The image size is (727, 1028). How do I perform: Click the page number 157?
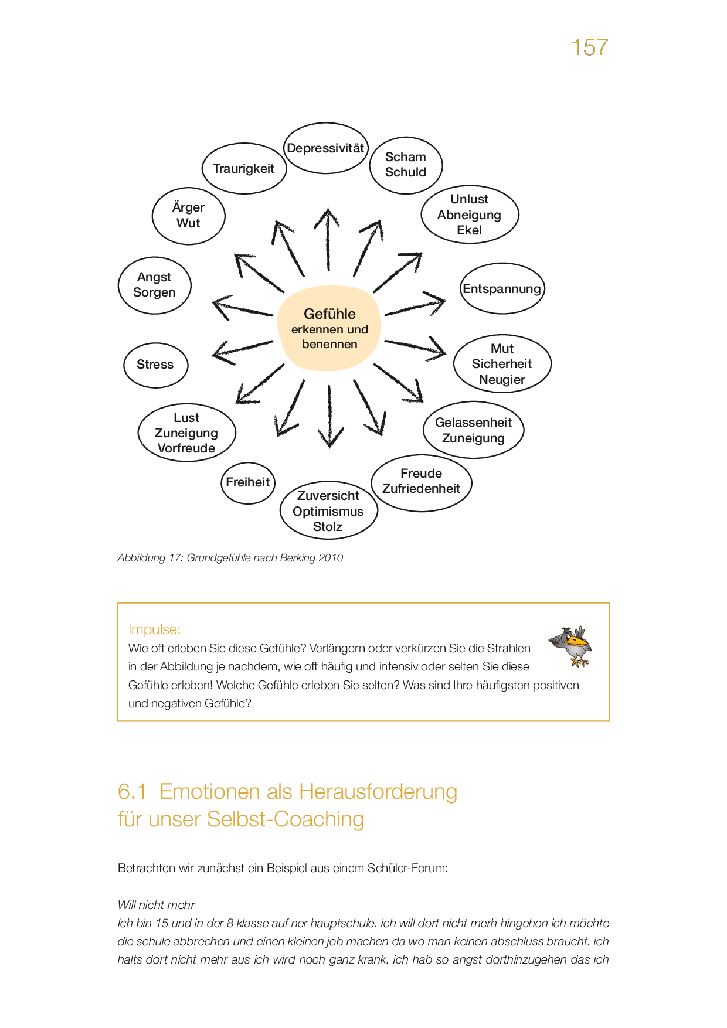coord(589,47)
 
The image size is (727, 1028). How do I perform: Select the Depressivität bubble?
coord(326,148)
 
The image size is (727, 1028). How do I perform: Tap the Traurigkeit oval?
coord(244,169)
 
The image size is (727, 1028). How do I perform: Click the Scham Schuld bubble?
coord(406,165)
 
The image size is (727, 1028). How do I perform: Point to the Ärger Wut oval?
coord(188,216)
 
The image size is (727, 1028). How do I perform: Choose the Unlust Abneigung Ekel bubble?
coord(470,215)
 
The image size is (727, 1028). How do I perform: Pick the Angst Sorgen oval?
coord(155,285)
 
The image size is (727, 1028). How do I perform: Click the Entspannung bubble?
coord(502,288)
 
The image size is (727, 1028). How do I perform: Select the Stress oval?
coord(155,365)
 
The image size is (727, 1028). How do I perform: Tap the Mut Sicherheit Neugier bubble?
coord(502,364)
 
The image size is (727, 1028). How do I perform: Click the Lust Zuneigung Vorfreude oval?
coord(186,433)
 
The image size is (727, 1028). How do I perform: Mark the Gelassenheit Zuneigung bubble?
coord(473,430)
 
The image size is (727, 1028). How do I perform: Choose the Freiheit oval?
coord(248,482)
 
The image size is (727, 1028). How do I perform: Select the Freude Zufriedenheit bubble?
coord(422,482)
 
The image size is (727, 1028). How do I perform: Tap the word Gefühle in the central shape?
coord(329,314)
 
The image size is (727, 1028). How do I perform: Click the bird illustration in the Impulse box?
coord(572,645)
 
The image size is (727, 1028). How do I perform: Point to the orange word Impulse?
coord(154,629)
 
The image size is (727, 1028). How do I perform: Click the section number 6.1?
coord(132,792)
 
